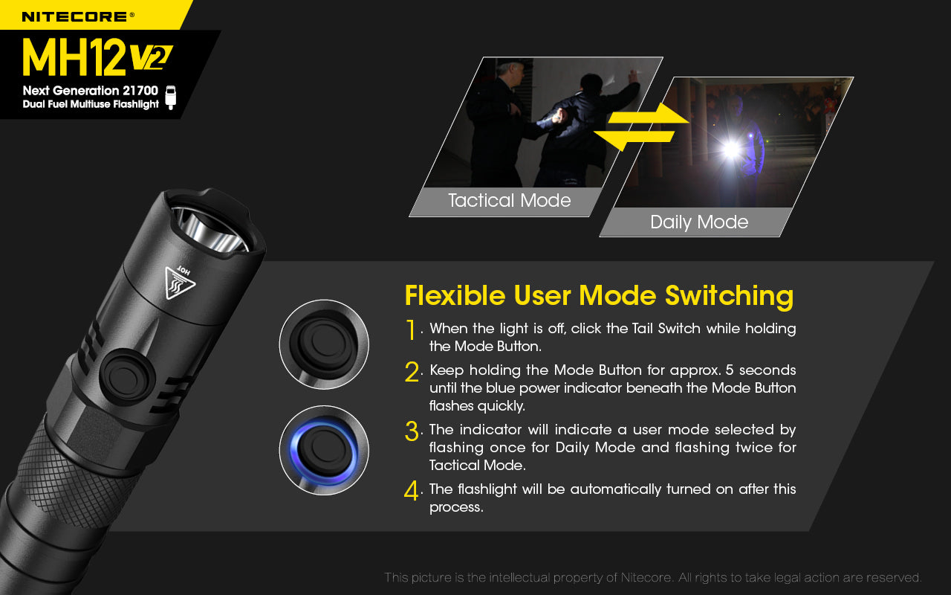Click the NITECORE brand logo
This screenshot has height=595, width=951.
click(78, 16)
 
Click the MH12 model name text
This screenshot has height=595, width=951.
click(74, 57)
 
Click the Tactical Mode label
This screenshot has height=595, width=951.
click(509, 201)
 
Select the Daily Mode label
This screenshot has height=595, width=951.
click(698, 222)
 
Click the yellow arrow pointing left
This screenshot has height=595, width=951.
click(636, 138)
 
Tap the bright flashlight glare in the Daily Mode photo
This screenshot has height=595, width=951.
click(733, 149)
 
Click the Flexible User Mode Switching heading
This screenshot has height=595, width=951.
click(599, 295)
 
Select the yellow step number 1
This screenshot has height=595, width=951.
click(411, 329)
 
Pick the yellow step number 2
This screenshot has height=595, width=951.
click(412, 372)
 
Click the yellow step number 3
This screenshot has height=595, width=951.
click(412, 431)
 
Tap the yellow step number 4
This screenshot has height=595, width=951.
click(412, 491)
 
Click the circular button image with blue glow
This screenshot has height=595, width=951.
click(324, 450)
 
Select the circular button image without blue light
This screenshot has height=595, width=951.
click(324, 344)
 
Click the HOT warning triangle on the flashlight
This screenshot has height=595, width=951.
click(178, 283)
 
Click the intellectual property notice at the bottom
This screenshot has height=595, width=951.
click(652, 578)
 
